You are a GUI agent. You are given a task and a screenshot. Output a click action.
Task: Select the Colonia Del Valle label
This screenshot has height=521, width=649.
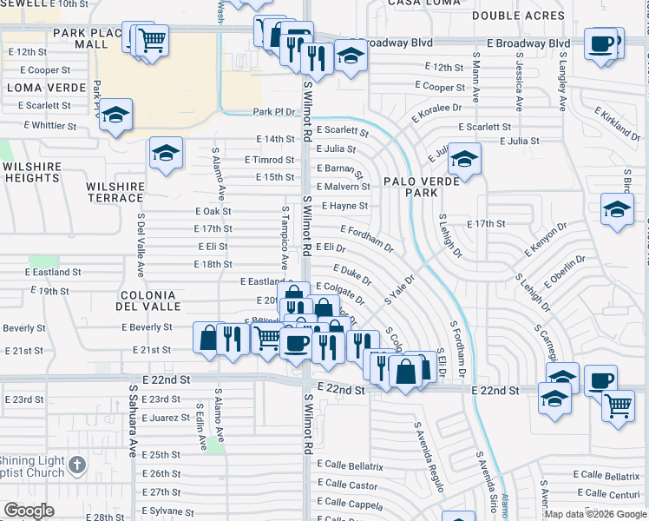tap(150, 300)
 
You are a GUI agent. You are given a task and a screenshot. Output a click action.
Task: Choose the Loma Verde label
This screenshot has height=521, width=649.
tap(47, 88)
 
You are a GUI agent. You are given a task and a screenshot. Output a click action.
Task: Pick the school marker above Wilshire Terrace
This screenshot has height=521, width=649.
tap(166, 153)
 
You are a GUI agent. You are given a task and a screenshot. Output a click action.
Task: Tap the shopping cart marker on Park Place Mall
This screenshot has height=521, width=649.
tap(152, 39)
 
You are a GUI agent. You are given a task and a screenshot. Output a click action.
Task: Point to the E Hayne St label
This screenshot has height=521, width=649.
tap(344, 206)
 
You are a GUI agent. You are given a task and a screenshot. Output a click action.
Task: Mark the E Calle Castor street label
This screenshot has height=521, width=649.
tap(347, 485)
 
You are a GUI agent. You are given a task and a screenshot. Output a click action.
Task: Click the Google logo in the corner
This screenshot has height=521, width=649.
tap(29, 511)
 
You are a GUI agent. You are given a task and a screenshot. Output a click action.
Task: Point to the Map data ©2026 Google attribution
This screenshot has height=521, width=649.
tap(595, 514)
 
